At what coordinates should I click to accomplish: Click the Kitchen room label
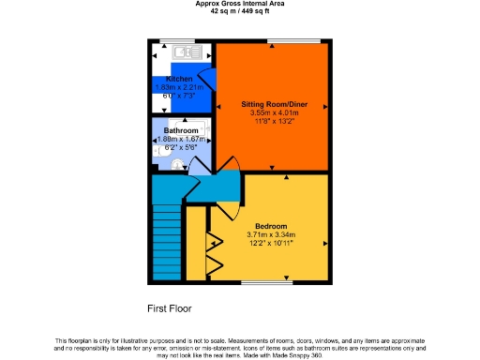click(179, 79)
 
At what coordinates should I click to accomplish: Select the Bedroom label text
click(270, 225)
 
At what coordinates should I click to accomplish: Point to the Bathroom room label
click(181, 130)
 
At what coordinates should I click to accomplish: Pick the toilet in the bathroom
click(178, 163)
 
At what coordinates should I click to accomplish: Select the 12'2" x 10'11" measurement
click(270, 244)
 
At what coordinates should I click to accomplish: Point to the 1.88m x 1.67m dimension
click(181, 140)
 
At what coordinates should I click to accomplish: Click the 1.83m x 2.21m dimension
click(179, 87)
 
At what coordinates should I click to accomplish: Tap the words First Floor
click(169, 307)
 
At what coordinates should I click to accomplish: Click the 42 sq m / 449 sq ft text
click(240, 12)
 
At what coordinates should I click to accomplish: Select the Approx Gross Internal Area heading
click(240, 4)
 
